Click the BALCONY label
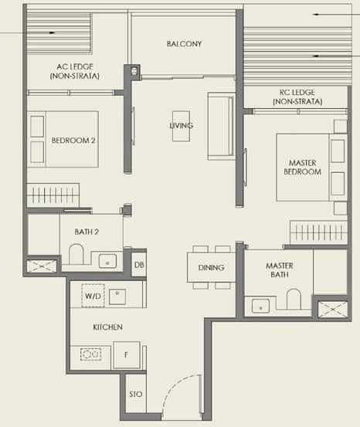click(184, 44)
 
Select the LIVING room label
click(182, 126)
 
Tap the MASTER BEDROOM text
click(304, 167)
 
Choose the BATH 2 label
click(87, 230)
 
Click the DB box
click(138, 264)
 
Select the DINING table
click(211, 268)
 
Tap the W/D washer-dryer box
click(93, 296)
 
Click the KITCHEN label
click(107, 327)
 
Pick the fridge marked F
click(127, 355)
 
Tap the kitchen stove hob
click(91, 355)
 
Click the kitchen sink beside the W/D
click(118, 296)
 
